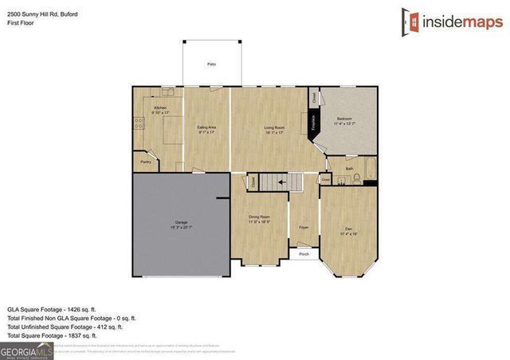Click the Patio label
pyautogui.click(x=211, y=64)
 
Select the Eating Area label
pyautogui.click(x=207, y=127)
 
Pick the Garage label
pyautogui.click(x=182, y=222)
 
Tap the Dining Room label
pyautogui.click(x=260, y=217)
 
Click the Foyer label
pyautogui.click(x=303, y=226)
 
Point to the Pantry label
pyautogui.click(x=146, y=162)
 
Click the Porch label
pyautogui.click(x=304, y=254)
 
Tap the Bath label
pyautogui.click(x=350, y=169)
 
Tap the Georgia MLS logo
pyautogui.click(x=27, y=349)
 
